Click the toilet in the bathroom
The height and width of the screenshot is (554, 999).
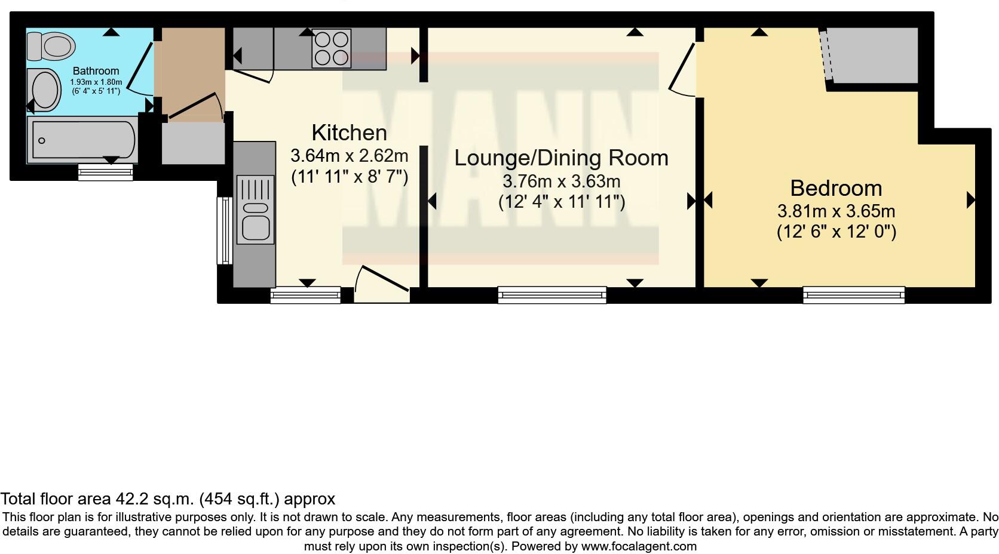[x=51, y=46]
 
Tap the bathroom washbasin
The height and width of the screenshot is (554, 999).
[x=44, y=90]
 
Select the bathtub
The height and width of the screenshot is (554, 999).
[x=82, y=140]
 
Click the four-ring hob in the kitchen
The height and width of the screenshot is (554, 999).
[x=332, y=48]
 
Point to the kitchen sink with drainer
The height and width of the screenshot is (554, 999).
[x=255, y=210]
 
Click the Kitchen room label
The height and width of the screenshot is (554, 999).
[x=349, y=133]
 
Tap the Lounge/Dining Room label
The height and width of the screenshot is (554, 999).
[x=561, y=158]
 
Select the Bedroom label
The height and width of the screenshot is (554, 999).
[x=836, y=188]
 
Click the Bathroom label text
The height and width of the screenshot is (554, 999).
[x=96, y=71]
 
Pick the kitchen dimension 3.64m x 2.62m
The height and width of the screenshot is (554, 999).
[x=349, y=156]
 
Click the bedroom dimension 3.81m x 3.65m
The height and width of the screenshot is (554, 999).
[x=836, y=211]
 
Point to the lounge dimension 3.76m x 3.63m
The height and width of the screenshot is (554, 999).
[x=562, y=181]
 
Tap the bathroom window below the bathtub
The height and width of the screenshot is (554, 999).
[x=106, y=172]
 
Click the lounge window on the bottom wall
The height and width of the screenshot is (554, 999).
[x=552, y=295]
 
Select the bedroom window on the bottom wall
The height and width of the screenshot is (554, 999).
[x=854, y=295]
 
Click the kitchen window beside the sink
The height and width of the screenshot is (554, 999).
[x=225, y=231]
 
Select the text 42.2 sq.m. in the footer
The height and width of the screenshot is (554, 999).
[x=155, y=499]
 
